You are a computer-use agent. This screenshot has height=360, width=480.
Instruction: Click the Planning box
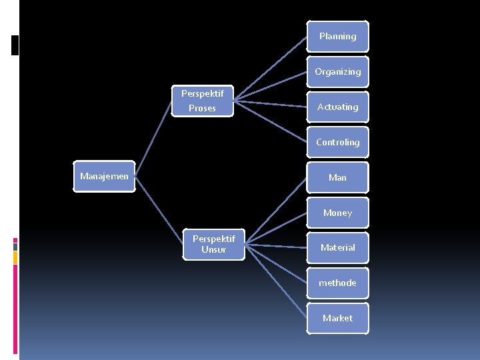click(x=337, y=36)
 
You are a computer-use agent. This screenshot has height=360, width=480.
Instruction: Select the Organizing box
click(x=337, y=71)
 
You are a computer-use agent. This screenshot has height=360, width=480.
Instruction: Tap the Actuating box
click(x=337, y=107)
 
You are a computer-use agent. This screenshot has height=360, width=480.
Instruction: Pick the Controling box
click(x=337, y=142)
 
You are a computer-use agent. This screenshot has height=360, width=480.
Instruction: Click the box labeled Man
click(x=337, y=177)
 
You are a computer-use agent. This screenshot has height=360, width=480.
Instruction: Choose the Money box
click(x=337, y=213)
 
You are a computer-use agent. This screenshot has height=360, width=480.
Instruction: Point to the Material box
click(x=337, y=247)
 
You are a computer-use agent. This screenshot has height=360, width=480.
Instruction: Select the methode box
click(x=337, y=283)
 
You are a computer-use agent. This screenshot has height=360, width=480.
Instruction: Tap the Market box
click(x=337, y=318)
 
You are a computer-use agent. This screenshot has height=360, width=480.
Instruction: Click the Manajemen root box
click(x=104, y=177)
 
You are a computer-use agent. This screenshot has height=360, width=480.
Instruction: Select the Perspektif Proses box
click(x=203, y=101)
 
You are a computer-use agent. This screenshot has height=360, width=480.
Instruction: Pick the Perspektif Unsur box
click(x=214, y=244)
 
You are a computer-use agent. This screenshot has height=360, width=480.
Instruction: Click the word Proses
click(x=202, y=108)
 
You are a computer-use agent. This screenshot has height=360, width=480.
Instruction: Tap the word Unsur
click(x=214, y=250)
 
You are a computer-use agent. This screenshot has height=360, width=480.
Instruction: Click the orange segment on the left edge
click(x=15, y=257)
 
